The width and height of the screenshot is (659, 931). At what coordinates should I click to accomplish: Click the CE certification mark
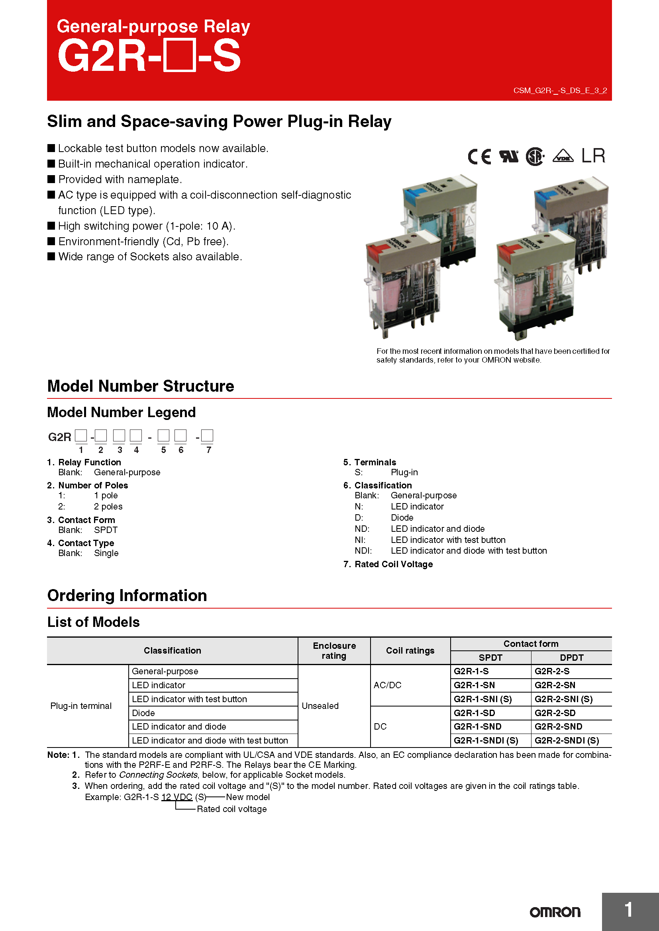[x=479, y=156]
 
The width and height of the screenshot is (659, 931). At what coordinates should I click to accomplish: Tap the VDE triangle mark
[x=563, y=156]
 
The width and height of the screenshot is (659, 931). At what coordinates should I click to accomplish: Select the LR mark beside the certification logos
[x=593, y=156]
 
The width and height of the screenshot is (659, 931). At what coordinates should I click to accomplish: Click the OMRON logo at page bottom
[x=555, y=912]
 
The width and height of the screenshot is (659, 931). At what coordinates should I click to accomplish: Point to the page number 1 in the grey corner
[x=628, y=910]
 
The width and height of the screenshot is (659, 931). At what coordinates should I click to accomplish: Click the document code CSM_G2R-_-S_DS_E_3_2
[x=559, y=90]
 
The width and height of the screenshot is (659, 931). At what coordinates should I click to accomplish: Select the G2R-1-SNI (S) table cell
[x=482, y=699]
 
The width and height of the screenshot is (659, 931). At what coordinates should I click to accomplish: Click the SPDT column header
[x=490, y=658]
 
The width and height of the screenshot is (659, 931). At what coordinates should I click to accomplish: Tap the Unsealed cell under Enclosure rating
[x=320, y=706]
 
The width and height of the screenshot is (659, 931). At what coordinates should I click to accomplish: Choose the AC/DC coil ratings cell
[x=387, y=685]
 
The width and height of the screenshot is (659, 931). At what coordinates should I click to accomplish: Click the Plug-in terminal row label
[x=81, y=706]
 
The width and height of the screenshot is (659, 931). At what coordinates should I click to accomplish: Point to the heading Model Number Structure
[x=140, y=386]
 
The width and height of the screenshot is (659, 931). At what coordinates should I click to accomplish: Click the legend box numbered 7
[x=207, y=436]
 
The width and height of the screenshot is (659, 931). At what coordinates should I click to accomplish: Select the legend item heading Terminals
[x=375, y=462]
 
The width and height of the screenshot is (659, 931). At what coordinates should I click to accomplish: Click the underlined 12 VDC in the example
[x=177, y=797]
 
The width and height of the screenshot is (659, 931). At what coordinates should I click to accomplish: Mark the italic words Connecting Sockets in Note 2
[x=158, y=775]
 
